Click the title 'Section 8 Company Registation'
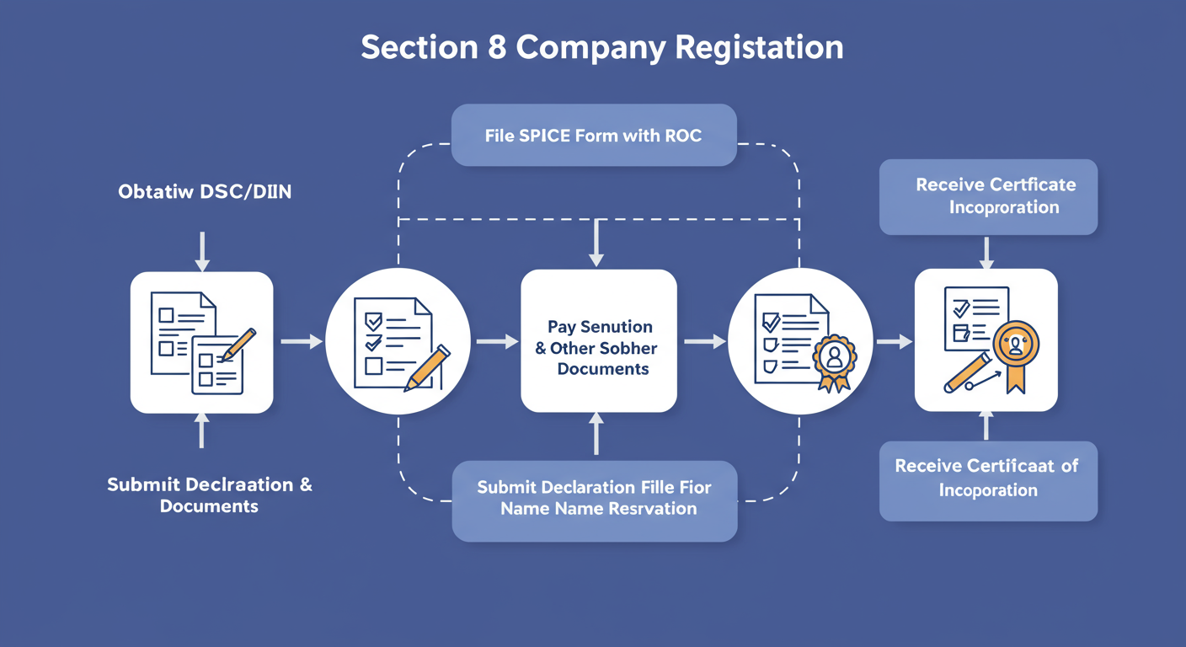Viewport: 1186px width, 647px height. pyautogui.click(x=601, y=48)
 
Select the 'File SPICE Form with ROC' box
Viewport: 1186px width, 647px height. pyautogui.click(x=593, y=135)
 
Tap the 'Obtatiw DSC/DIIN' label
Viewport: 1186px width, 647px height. pyautogui.click(x=205, y=192)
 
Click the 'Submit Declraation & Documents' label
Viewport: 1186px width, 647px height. pyautogui.click(x=210, y=495)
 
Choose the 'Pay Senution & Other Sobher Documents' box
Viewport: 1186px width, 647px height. pyautogui.click(x=598, y=341)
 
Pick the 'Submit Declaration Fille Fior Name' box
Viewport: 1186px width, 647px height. pyautogui.click(x=594, y=499)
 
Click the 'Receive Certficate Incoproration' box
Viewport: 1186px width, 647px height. pyautogui.click(x=988, y=196)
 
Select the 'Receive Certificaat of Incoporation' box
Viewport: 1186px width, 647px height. pyautogui.click(x=987, y=478)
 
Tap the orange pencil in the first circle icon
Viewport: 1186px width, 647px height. pyautogui.click(x=427, y=367)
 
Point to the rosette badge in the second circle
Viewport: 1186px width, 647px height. pyautogui.click(x=834, y=361)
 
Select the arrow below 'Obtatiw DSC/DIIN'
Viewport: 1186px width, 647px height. pyautogui.click(x=201, y=251)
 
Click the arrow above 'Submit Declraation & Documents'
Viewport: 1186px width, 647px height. pyautogui.click(x=201, y=430)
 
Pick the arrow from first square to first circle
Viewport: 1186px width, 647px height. pyautogui.click(x=301, y=341)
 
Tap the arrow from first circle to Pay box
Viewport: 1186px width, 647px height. pyautogui.click(x=497, y=341)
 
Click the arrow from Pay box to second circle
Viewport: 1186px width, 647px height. pyautogui.click(x=704, y=341)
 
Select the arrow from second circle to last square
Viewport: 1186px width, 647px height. pyautogui.click(x=894, y=341)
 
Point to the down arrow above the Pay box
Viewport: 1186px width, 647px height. pyautogui.click(x=597, y=244)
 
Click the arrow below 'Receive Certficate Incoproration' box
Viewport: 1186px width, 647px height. pyautogui.click(x=986, y=251)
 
